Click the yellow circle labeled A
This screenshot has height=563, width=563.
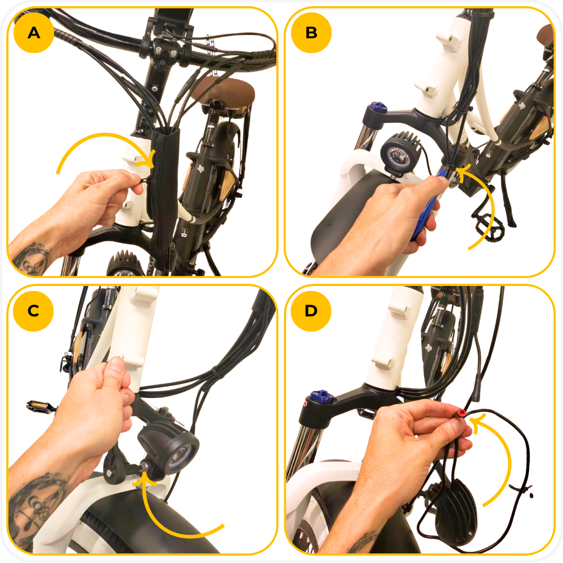(x=34, y=33)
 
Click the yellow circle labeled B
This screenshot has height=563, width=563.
(x=311, y=33)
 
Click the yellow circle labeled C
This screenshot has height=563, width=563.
(x=33, y=311)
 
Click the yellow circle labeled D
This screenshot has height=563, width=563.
(x=311, y=311)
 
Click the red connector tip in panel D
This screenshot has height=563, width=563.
(x=461, y=413)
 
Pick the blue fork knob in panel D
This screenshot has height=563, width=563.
(x=322, y=396)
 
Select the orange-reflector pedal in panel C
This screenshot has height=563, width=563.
(x=40, y=406)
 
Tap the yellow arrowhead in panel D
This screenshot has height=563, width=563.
(x=478, y=422)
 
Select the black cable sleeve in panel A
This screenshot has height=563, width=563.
(x=163, y=190)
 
